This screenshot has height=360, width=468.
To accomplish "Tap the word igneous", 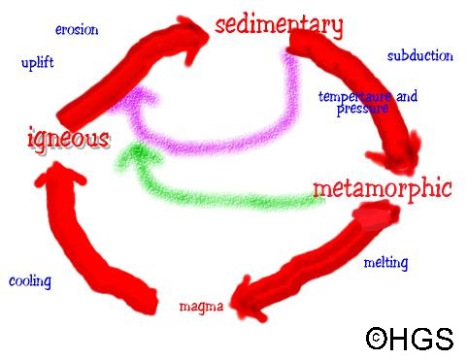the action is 68,140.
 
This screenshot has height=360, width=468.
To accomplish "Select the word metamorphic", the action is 382,186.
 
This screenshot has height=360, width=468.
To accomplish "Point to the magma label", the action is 202,307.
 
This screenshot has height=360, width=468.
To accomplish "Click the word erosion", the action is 77,29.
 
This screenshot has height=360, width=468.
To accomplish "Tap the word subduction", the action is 419,55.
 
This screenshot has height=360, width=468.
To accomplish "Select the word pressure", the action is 363,110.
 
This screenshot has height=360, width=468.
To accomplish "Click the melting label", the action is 385,263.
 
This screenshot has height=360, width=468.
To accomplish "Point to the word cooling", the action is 29,281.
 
